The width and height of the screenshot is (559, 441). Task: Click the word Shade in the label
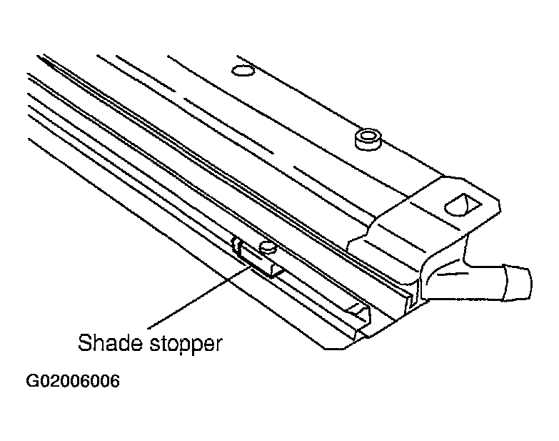point(111,342)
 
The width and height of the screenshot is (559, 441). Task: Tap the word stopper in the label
point(186,345)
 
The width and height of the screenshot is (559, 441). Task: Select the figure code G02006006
point(73,381)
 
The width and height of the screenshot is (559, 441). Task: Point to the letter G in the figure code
point(32,381)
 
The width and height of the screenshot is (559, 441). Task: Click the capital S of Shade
point(84,342)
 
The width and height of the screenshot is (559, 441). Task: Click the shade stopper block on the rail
point(261,259)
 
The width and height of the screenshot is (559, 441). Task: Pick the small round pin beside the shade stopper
point(268,247)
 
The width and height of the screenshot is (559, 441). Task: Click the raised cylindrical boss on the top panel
point(368,139)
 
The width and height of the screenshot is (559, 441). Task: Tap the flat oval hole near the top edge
point(243,70)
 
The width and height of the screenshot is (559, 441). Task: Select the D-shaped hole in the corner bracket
point(462,204)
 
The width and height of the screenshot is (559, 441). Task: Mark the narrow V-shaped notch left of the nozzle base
point(413,295)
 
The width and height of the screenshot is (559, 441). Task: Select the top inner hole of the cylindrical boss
point(368,136)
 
